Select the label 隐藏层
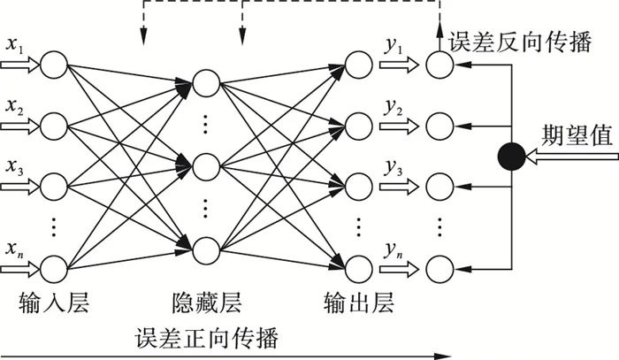(204, 304)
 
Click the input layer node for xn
(55, 266)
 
